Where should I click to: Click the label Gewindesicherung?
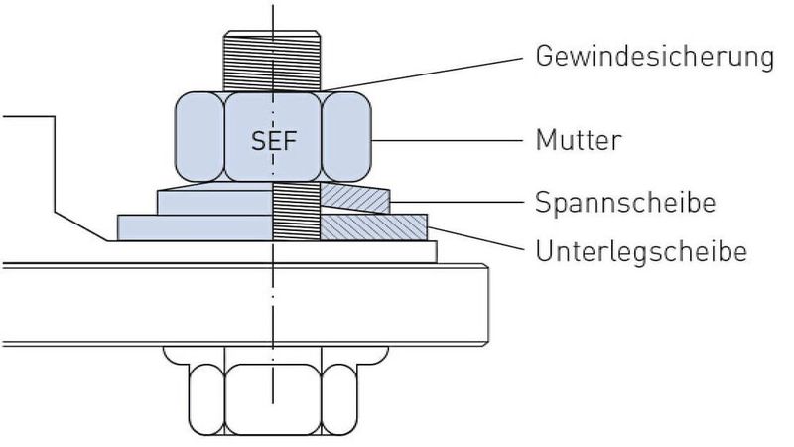(654, 56)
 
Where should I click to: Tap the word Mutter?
(579, 140)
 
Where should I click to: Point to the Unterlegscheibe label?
(640, 251)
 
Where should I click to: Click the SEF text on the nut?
(273, 140)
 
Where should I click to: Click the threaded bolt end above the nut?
(273, 60)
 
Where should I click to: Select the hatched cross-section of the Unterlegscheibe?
(372, 227)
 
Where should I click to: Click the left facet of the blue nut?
(199, 137)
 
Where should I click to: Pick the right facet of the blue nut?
(347, 137)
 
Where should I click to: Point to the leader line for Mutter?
(447, 140)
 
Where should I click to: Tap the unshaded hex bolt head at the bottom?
(273, 397)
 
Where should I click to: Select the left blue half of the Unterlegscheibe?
(194, 227)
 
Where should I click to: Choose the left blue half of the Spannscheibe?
(213, 200)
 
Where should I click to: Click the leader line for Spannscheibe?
(457, 203)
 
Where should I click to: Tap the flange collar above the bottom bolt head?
(273, 354)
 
